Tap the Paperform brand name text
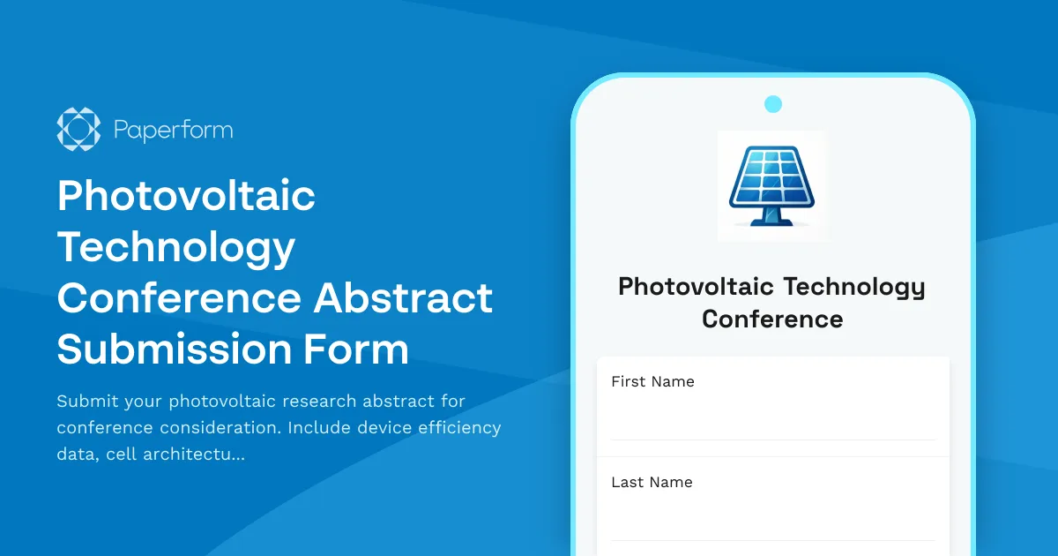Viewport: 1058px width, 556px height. click(x=174, y=131)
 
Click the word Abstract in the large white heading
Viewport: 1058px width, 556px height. click(x=404, y=297)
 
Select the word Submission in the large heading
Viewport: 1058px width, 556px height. click(x=173, y=349)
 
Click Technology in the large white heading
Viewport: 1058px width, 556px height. click(x=176, y=248)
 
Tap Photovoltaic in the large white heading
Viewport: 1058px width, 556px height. click(x=186, y=196)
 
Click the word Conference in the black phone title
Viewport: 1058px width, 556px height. click(x=772, y=319)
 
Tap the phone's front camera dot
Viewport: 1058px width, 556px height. click(x=773, y=104)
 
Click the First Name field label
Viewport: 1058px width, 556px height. click(x=652, y=381)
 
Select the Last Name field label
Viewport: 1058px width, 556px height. click(x=652, y=482)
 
